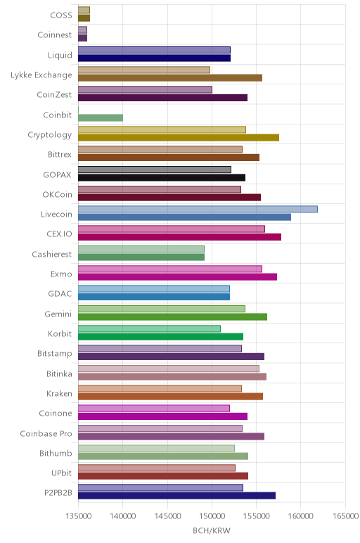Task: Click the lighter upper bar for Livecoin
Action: click(198, 209)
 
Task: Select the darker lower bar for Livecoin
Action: click(184, 217)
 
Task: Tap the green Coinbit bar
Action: click(101, 117)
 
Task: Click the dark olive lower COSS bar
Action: click(84, 18)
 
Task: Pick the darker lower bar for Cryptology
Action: click(179, 137)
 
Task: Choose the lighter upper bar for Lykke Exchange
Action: click(144, 70)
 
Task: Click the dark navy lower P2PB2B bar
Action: click(177, 496)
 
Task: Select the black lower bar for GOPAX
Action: click(162, 177)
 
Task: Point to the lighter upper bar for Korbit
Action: click(149, 328)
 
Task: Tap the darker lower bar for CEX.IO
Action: click(180, 237)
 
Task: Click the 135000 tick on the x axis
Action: click(79, 516)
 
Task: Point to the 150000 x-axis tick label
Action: click(212, 516)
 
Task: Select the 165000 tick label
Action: click(345, 516)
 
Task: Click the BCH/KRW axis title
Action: click(212, 530)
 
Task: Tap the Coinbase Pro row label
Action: click(46, 433)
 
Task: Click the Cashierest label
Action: click(52, 254)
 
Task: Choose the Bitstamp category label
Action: click(55, 354)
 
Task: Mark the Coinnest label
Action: click(55, 35)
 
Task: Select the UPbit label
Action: click(62, 473)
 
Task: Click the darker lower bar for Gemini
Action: click(173, 317)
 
